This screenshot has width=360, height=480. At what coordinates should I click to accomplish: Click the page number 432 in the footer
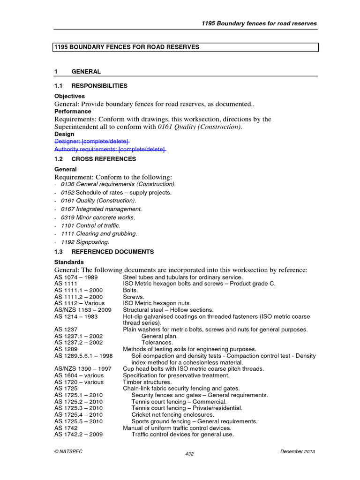pyautogui.click(x=189, y=454)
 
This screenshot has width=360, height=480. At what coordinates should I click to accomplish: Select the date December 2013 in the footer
pyautogui.click(x=297, y=451)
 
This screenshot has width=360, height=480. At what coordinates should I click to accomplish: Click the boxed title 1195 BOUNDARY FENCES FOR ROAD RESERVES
pyautogui.click(x=127, y=47)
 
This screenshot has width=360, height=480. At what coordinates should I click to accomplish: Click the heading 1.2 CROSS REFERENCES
pyautogui.click(x=95, y=159)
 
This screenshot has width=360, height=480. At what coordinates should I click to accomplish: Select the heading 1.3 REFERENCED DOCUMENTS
pyautogui.click(x=104, y=252)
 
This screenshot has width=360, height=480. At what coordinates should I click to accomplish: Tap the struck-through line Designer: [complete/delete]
pyautogui.click(x=92, y=141)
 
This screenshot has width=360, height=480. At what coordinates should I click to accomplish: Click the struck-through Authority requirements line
pyautogui.click(x=110, y=149)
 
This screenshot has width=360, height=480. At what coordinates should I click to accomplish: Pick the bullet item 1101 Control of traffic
pyautogui.click(x=90, y=225)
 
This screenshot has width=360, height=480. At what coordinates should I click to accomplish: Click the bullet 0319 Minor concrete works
pyautogui.click(x=97, y=217)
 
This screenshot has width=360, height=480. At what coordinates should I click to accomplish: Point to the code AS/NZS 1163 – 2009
pyautogui.click(x=83, y=310)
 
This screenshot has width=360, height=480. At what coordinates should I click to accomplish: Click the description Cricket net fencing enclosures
pyautogui.click(x=172, y=415)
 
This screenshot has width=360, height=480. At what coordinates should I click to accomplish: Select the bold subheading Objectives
pyautogui.click(x=70, y=96)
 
